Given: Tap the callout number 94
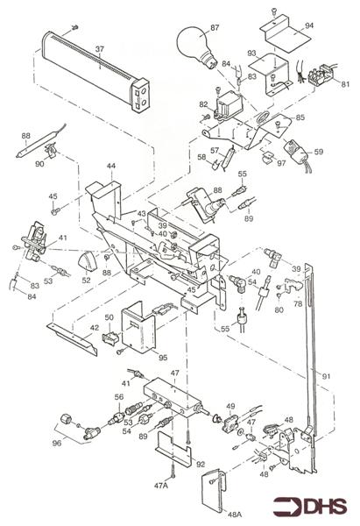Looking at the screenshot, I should [x=309, y=27].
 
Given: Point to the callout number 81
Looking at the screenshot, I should [x=344, y=84].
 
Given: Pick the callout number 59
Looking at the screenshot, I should [x=318, y=152].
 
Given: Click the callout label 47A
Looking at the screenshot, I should [x=161, y=484].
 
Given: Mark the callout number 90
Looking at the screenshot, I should [x=39, y=164].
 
